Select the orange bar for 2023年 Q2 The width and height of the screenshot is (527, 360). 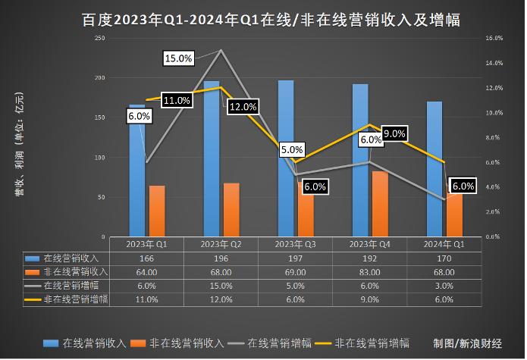(231, 209)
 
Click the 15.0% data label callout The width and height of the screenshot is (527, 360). (179, 58)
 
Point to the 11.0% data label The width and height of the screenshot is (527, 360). (175, 100)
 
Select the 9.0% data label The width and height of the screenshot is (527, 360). (394, 133)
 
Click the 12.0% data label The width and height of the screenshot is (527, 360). (243, 107)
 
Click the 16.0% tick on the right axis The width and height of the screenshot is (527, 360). (494, 37)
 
